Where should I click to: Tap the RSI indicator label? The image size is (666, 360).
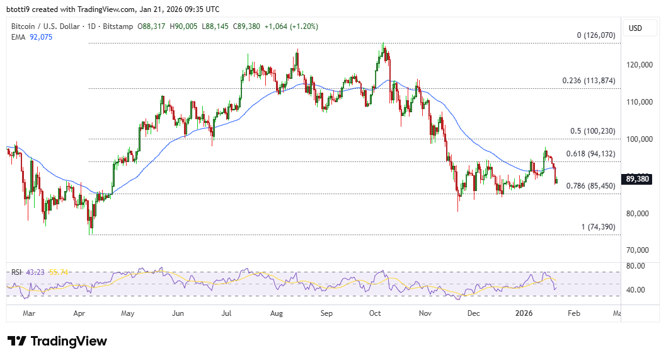coord(17,272)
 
